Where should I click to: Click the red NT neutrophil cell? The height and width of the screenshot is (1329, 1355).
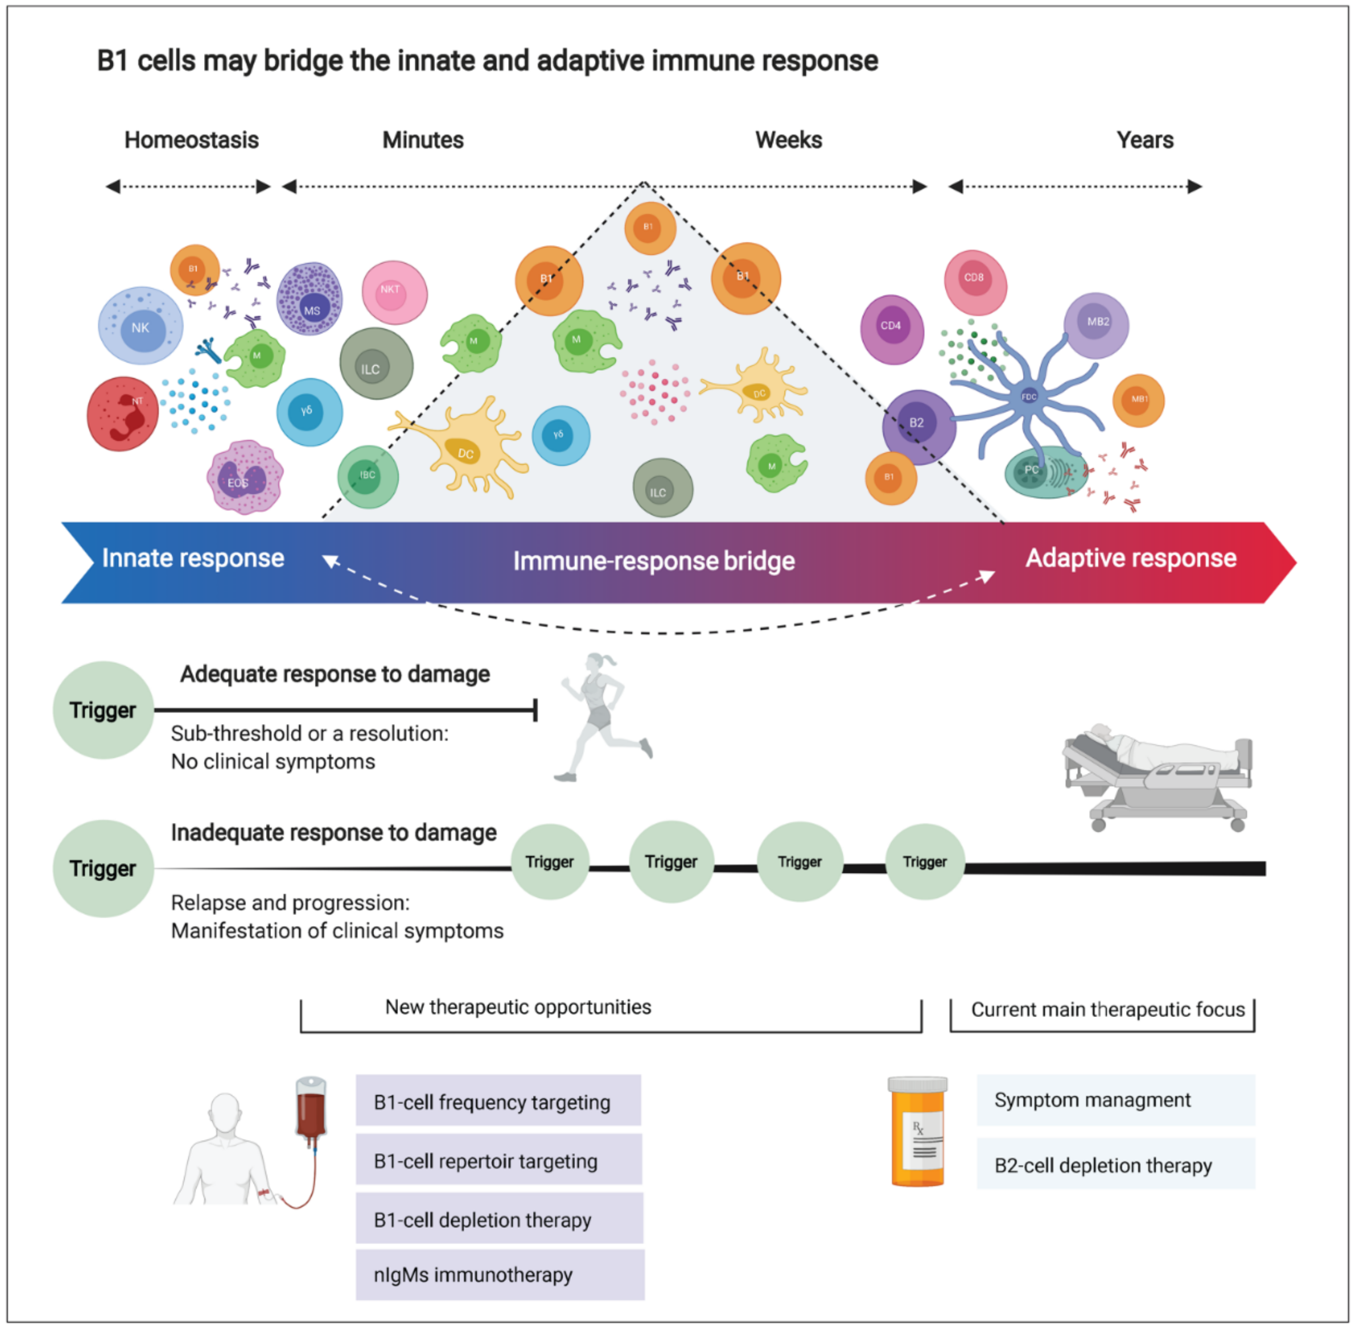(x=123, y=414)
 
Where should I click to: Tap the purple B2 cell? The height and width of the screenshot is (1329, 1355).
(x=918, y=426)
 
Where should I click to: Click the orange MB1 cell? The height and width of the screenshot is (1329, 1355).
(x=1138, y=401)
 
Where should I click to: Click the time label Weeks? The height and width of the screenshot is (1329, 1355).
(x=788, y=140)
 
